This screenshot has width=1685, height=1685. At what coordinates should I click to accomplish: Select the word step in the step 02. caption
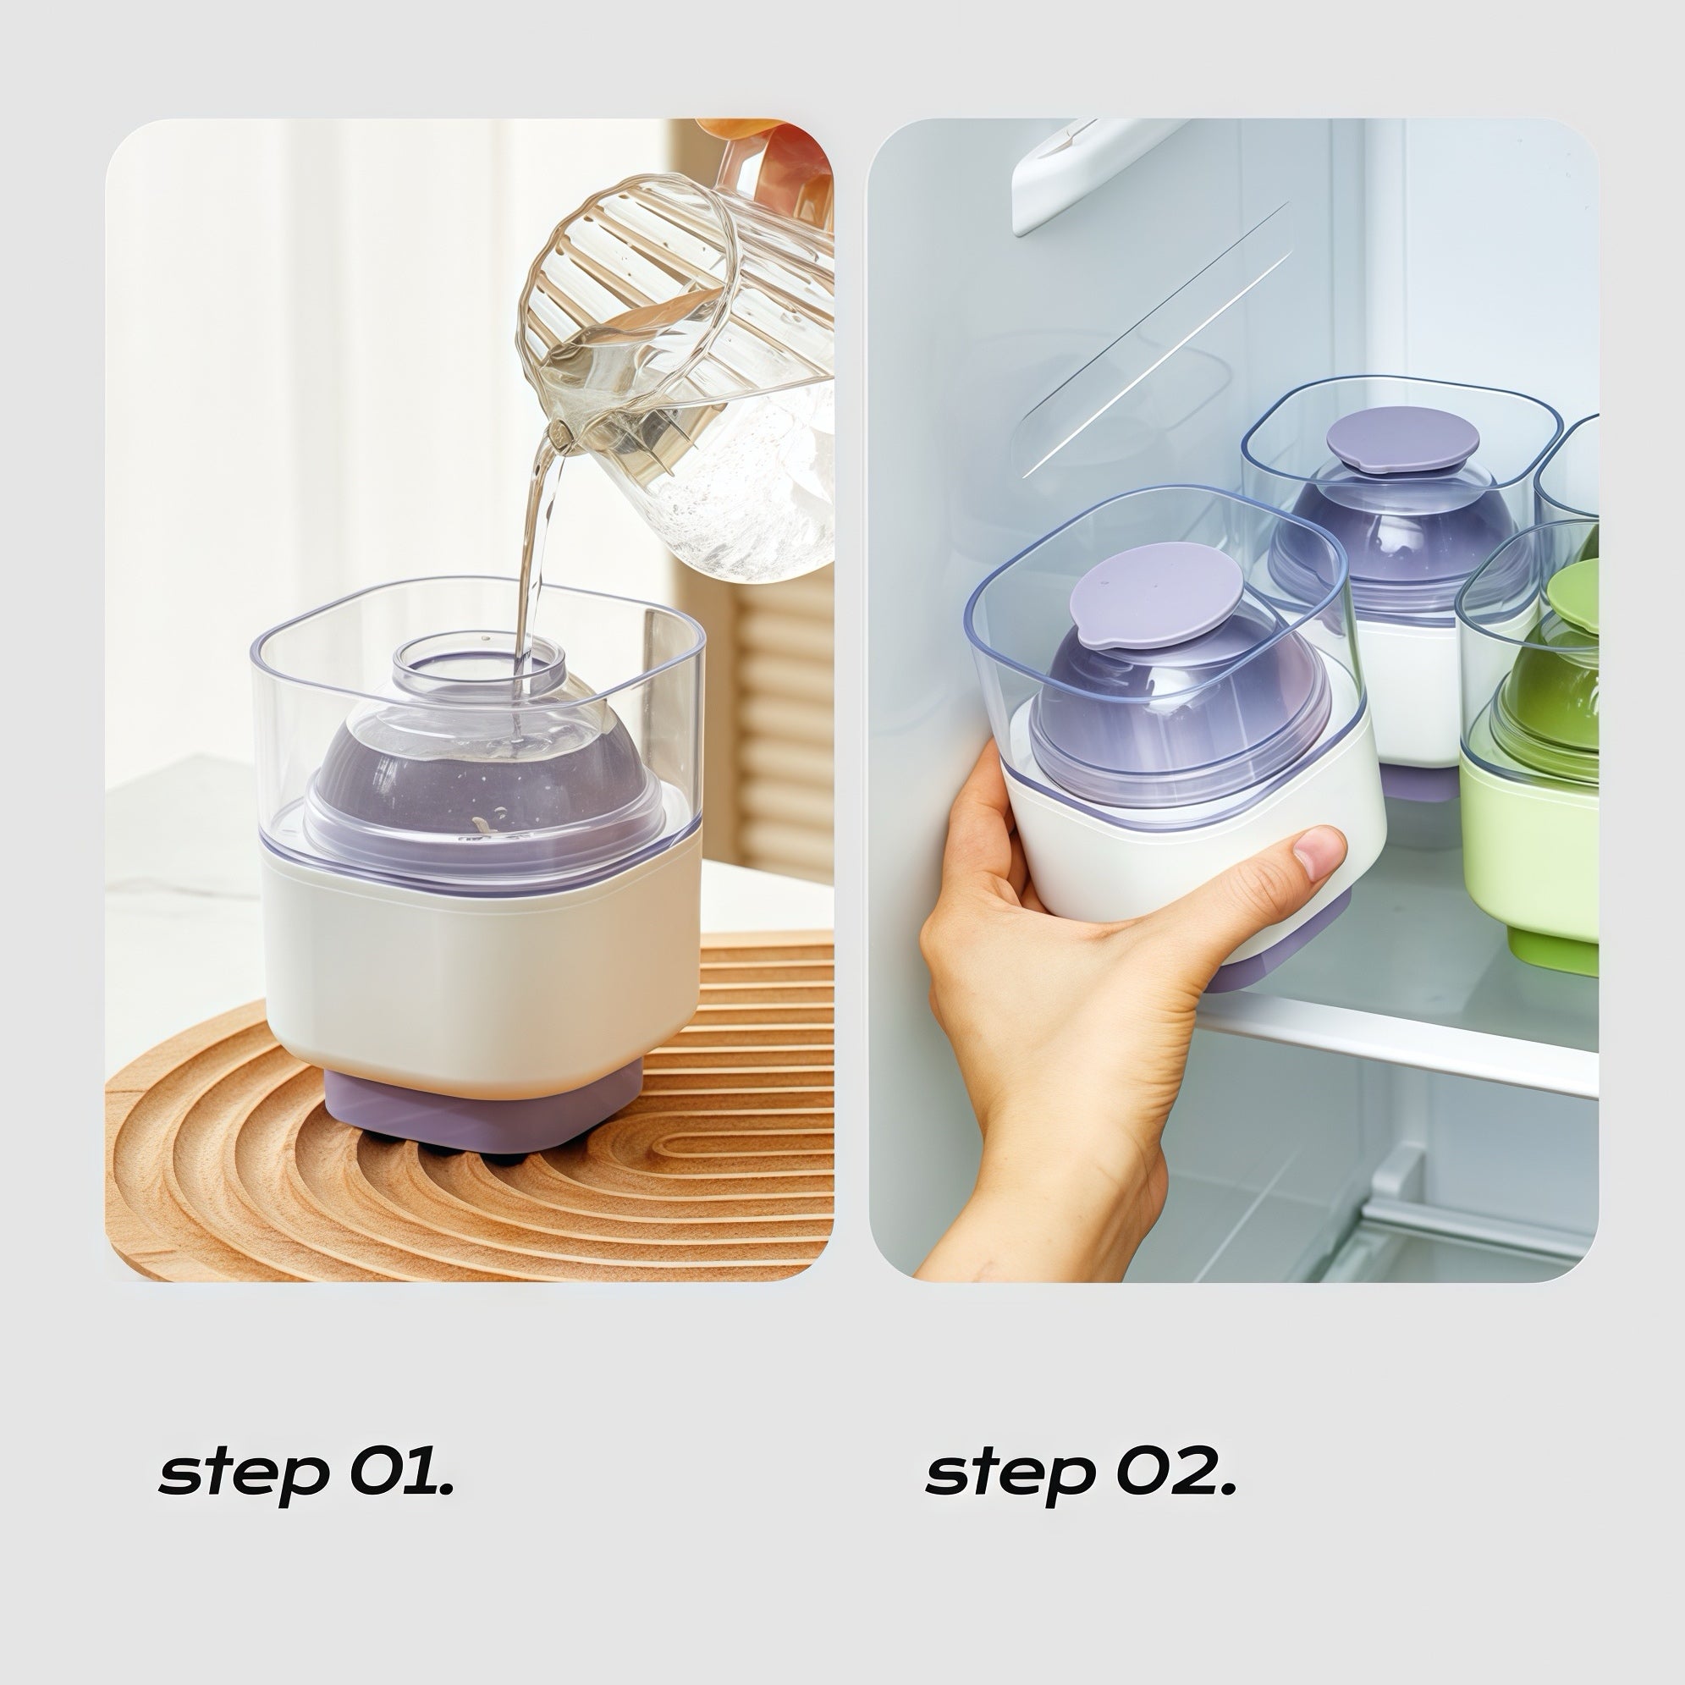coord(1010,1473)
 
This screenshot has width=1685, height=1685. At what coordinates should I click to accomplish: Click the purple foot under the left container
coord(483,1112)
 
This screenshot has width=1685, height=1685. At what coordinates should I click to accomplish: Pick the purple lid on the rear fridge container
coord(1402,439)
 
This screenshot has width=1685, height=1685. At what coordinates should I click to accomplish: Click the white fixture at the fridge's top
coord(1090,170)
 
